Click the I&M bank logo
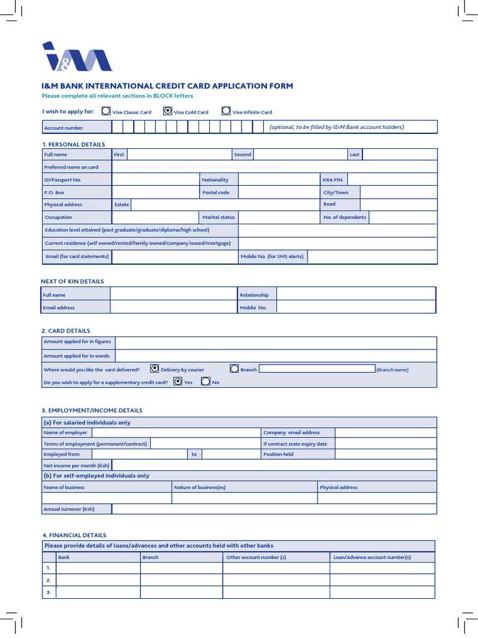point(77,57)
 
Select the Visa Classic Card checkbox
point(106,112)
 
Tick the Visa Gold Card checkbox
point(167,112)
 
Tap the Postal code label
point(216,193)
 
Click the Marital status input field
point(278,217)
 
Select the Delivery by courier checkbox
point(154,369)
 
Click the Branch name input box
point(316,369)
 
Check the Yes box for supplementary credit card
point(178,382)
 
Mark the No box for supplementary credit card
point(205,382)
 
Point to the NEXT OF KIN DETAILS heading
point(72,282)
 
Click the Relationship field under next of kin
point(356,294)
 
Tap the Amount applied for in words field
point(276,356)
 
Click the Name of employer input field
point(176,432)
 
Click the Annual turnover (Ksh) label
point(69,509)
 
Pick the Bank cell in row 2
point(98,579)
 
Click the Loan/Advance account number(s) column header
point(372,557)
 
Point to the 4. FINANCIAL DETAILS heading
point(74,535)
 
